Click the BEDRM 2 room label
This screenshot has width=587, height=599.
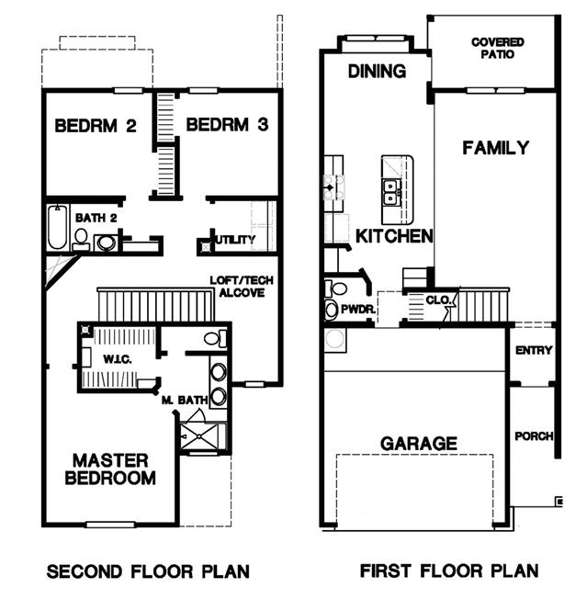click(x=96, y=126)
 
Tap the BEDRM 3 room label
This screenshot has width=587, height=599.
click(x=227, y=125)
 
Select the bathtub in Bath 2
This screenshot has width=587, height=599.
click(x=58, y=227)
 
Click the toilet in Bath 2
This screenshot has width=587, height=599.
click(x=81, y=240)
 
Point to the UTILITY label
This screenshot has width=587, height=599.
click(x=235, y=240)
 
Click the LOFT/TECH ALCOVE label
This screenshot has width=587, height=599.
click(x=242, y=287)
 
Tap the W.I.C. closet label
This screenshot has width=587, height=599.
click(x=118, y=359)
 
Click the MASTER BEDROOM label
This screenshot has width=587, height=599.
click(x=110, y=469)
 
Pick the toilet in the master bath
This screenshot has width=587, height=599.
click(x=215, y=338)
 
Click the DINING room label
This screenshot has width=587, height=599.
click(x=377, y=72)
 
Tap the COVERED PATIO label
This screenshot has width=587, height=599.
click(x=498, y=48)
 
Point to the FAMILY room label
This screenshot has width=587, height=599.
click(x=496, y=148)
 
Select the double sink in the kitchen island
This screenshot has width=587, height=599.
click(x=390, y=192)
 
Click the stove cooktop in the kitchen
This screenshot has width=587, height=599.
click(x=333, y=187)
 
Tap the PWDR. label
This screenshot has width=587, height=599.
click(x=357, y=310)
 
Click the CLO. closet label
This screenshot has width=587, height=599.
click(x=437, y=300)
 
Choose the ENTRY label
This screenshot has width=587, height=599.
click(x=534, y=350)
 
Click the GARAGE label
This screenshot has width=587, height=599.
click(x=419, y=444)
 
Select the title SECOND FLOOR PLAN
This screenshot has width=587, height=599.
click(x=148, y=571)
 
